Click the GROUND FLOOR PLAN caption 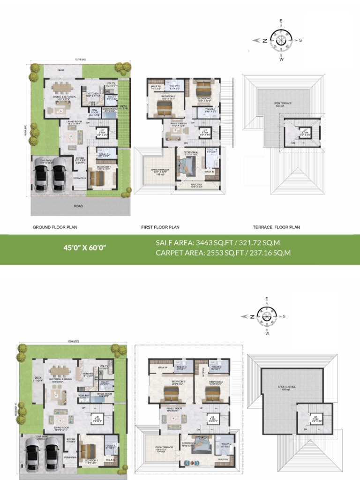click(x=55, y=227)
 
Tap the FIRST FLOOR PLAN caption click(x=160, y=227)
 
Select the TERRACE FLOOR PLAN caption click(x=277, y=227)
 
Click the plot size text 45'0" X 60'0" click(x=85, y=247)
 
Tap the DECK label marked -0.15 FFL click(x=124, y=107)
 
